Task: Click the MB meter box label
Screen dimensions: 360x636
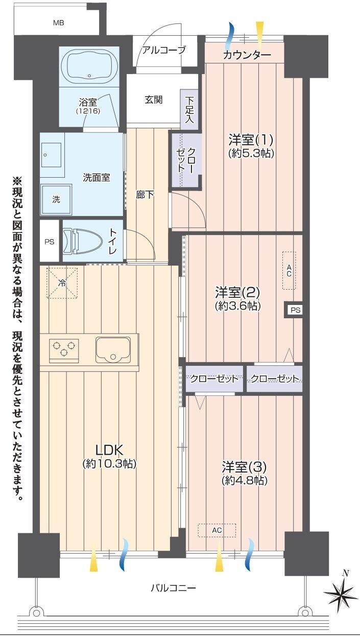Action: [59, 23]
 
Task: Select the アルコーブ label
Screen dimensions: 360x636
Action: [164, 50]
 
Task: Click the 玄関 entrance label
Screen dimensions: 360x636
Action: [154, 100]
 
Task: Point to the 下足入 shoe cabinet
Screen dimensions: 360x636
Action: [189, 109]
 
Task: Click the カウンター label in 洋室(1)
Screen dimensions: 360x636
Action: [247, 55]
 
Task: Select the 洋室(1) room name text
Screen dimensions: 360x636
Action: [251, 139]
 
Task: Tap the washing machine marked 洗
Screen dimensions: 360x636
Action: [56, 199]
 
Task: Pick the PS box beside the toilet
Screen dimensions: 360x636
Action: [50, 242]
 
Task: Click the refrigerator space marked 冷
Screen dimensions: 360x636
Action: [62, 283]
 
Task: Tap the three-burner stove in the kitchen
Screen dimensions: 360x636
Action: [64, 350]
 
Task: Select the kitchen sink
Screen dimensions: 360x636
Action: [113, 350]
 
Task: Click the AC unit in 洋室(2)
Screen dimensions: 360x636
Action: [289, 270]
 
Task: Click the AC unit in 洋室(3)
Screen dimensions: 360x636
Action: [217, 530]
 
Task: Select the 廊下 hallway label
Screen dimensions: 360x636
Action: [145, 195]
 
